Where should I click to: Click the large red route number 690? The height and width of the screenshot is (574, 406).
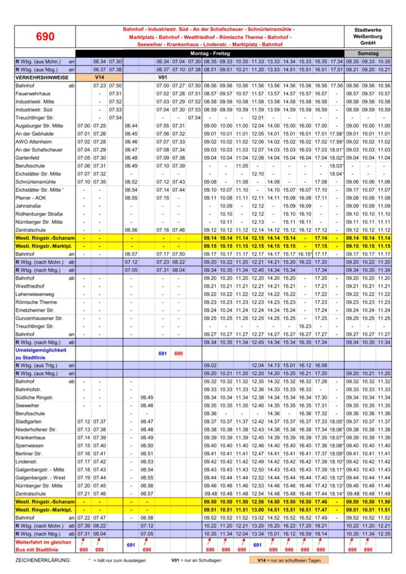coord(45,36)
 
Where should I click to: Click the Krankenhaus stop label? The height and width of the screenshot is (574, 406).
coord(30,437)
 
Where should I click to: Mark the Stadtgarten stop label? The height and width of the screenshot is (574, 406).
coord(30,421)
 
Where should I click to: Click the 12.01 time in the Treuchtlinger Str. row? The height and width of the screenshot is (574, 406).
coord(257,118)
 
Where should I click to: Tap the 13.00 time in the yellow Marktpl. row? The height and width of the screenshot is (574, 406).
coord(257,510)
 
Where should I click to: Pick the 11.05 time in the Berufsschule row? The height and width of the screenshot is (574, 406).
coord(242,166)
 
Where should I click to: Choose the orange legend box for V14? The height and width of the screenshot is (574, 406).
coord(289,559)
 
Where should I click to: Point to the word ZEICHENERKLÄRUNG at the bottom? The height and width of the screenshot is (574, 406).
coord(43,559)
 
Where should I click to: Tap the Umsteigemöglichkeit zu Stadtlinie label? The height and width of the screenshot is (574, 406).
coord(41,353)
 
